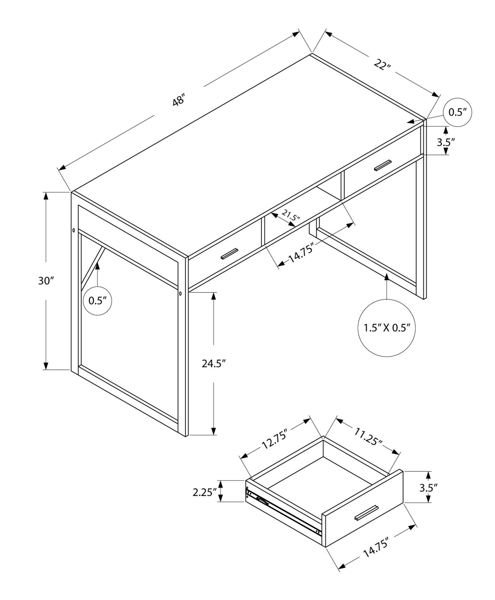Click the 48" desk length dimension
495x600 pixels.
tap(179, 101)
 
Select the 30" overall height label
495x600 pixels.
tap(46, 281)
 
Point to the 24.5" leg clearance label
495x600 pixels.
tap(214, 363)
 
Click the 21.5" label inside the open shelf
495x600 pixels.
tap(291, 216)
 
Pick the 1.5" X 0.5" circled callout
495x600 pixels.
tap(387, 328)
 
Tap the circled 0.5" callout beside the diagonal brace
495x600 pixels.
tap(98, 301)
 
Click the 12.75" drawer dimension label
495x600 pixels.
tap(274, 440)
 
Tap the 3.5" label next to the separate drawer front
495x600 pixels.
tap(429, 487)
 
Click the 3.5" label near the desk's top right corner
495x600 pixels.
tap(446, 142)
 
